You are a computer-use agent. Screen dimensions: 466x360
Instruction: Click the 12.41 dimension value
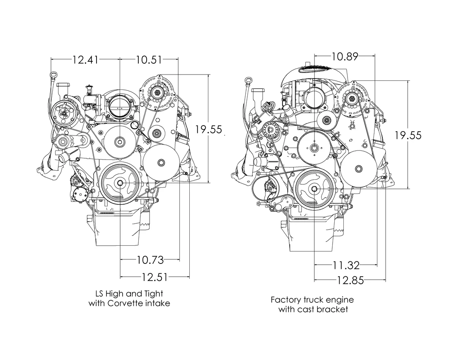coord(86,60)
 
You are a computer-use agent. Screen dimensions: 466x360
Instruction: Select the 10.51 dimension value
coord(149,60)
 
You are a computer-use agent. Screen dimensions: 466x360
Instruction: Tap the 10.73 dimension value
coord(150,260)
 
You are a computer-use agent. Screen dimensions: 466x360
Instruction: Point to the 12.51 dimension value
coord(155,278)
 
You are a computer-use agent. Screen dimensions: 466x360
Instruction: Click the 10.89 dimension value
coord(345,56)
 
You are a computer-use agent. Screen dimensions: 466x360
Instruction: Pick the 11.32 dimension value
coord(346,265)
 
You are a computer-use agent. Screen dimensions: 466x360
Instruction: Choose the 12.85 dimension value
coord(350,280)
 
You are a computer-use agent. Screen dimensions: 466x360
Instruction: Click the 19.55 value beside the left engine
coord(209,129)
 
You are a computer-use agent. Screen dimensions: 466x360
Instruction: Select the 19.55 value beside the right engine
coord(408,135)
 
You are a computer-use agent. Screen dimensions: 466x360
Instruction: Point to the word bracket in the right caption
coord(332,309)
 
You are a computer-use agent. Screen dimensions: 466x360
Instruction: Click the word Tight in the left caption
coord(154,294)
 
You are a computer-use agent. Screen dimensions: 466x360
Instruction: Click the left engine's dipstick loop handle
coord(53,74)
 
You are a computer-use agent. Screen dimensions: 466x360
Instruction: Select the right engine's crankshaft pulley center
coord(314,188)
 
